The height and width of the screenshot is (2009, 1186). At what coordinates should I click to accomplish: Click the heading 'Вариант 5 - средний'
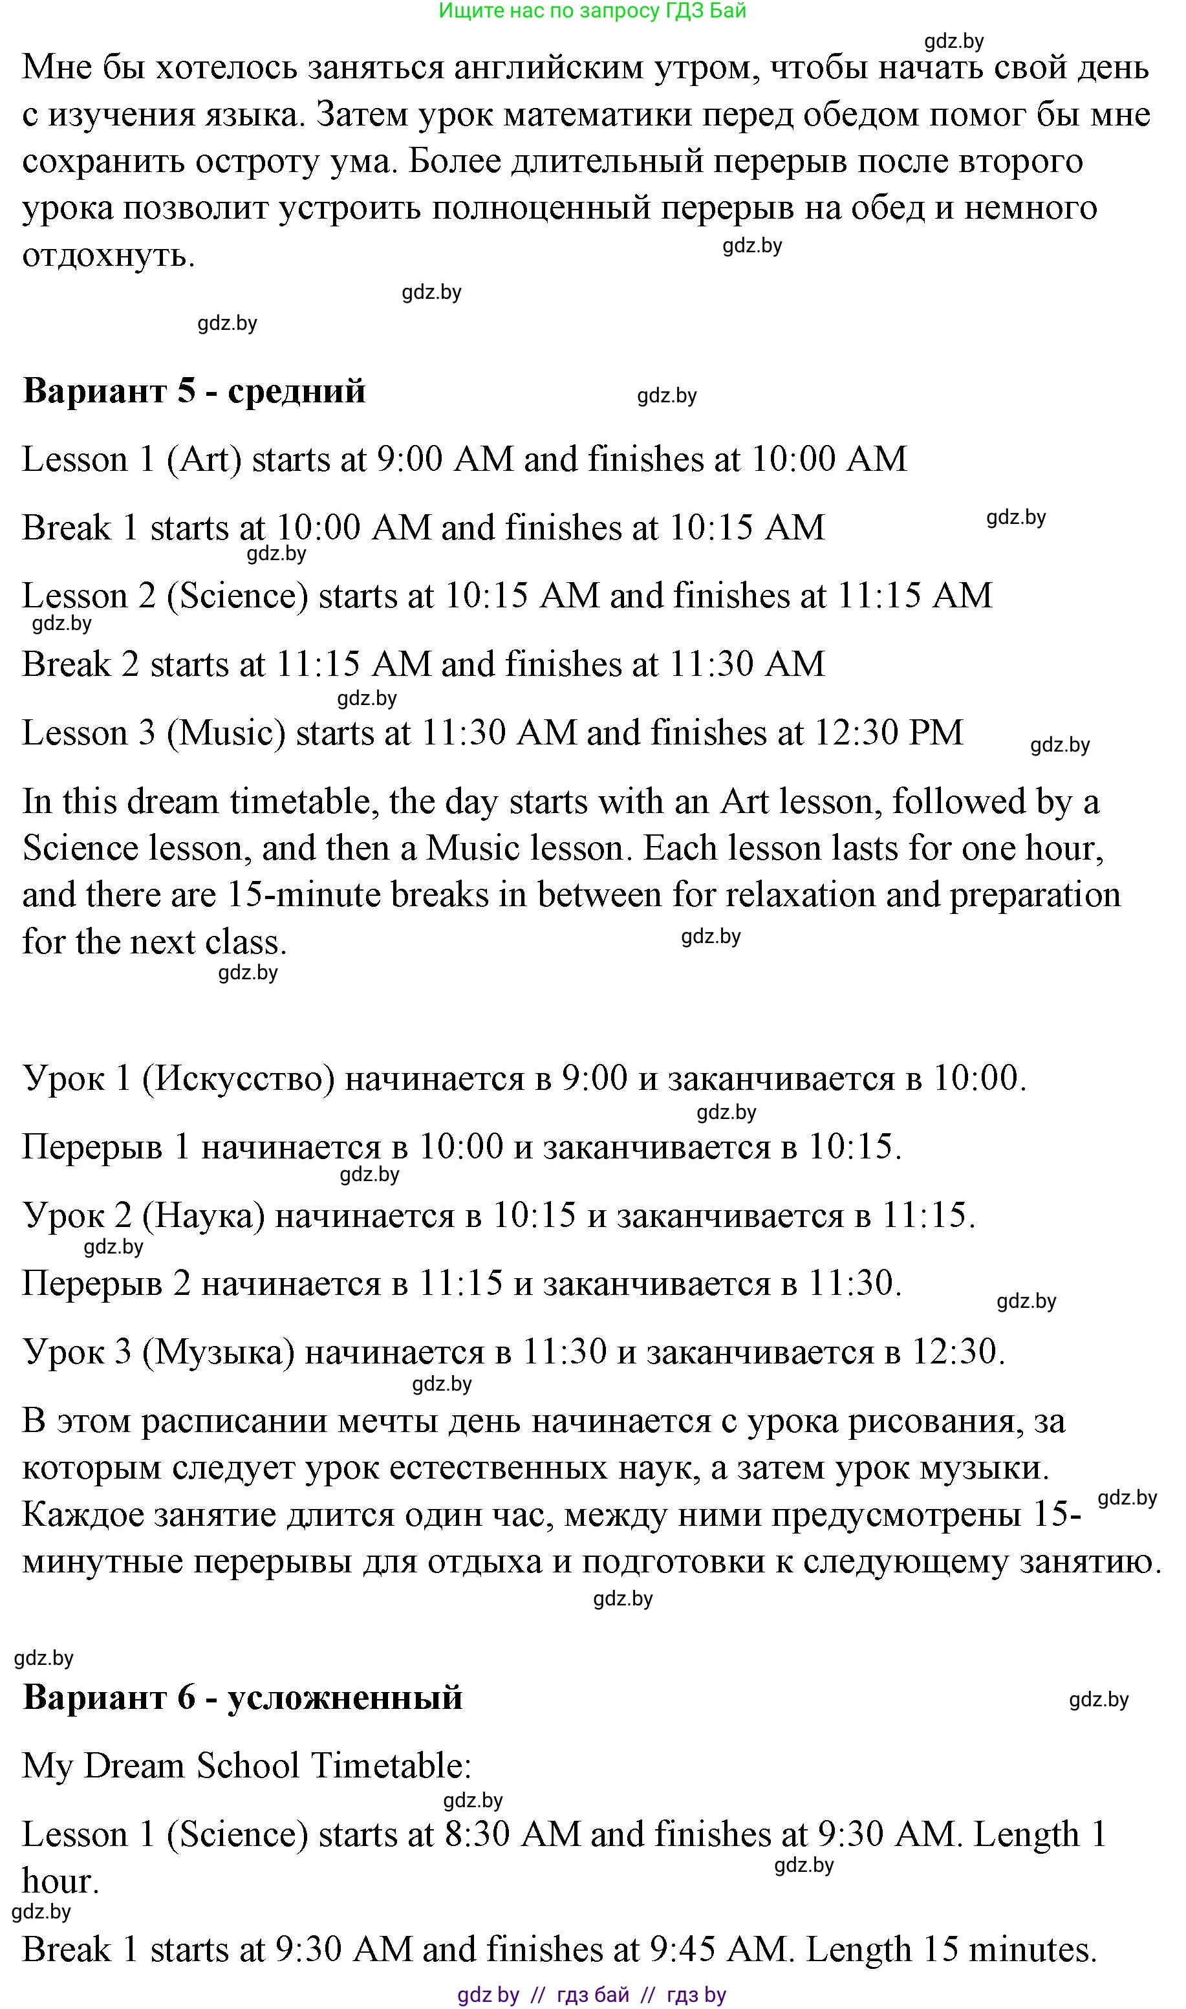pyautogui.click(x=194, y=391)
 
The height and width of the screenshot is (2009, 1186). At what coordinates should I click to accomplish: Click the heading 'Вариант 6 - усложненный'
pyautogui.click(x=242, y=1697)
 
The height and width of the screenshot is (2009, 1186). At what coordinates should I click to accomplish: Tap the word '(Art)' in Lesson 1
pyautogui.click(x=204, y=461)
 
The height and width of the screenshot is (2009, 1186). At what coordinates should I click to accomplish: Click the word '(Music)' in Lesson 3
pyautogui.click(x=226, y=733)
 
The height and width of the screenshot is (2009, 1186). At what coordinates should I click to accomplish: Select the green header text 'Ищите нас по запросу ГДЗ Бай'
pyautogui.click(x=592, y=11)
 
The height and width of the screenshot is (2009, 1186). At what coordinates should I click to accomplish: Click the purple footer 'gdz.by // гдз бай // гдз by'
pyautogui.click(x=592, y=1995)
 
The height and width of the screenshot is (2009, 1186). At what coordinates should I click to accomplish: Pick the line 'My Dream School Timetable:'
pyautogui.click(x=247, y=1766)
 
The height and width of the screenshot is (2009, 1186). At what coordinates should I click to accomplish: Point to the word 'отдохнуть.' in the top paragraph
pyautogui.click(x=109, y=255)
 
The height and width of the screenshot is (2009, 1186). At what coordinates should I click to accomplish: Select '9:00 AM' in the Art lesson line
pyautogui.click(x=444, y=461)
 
